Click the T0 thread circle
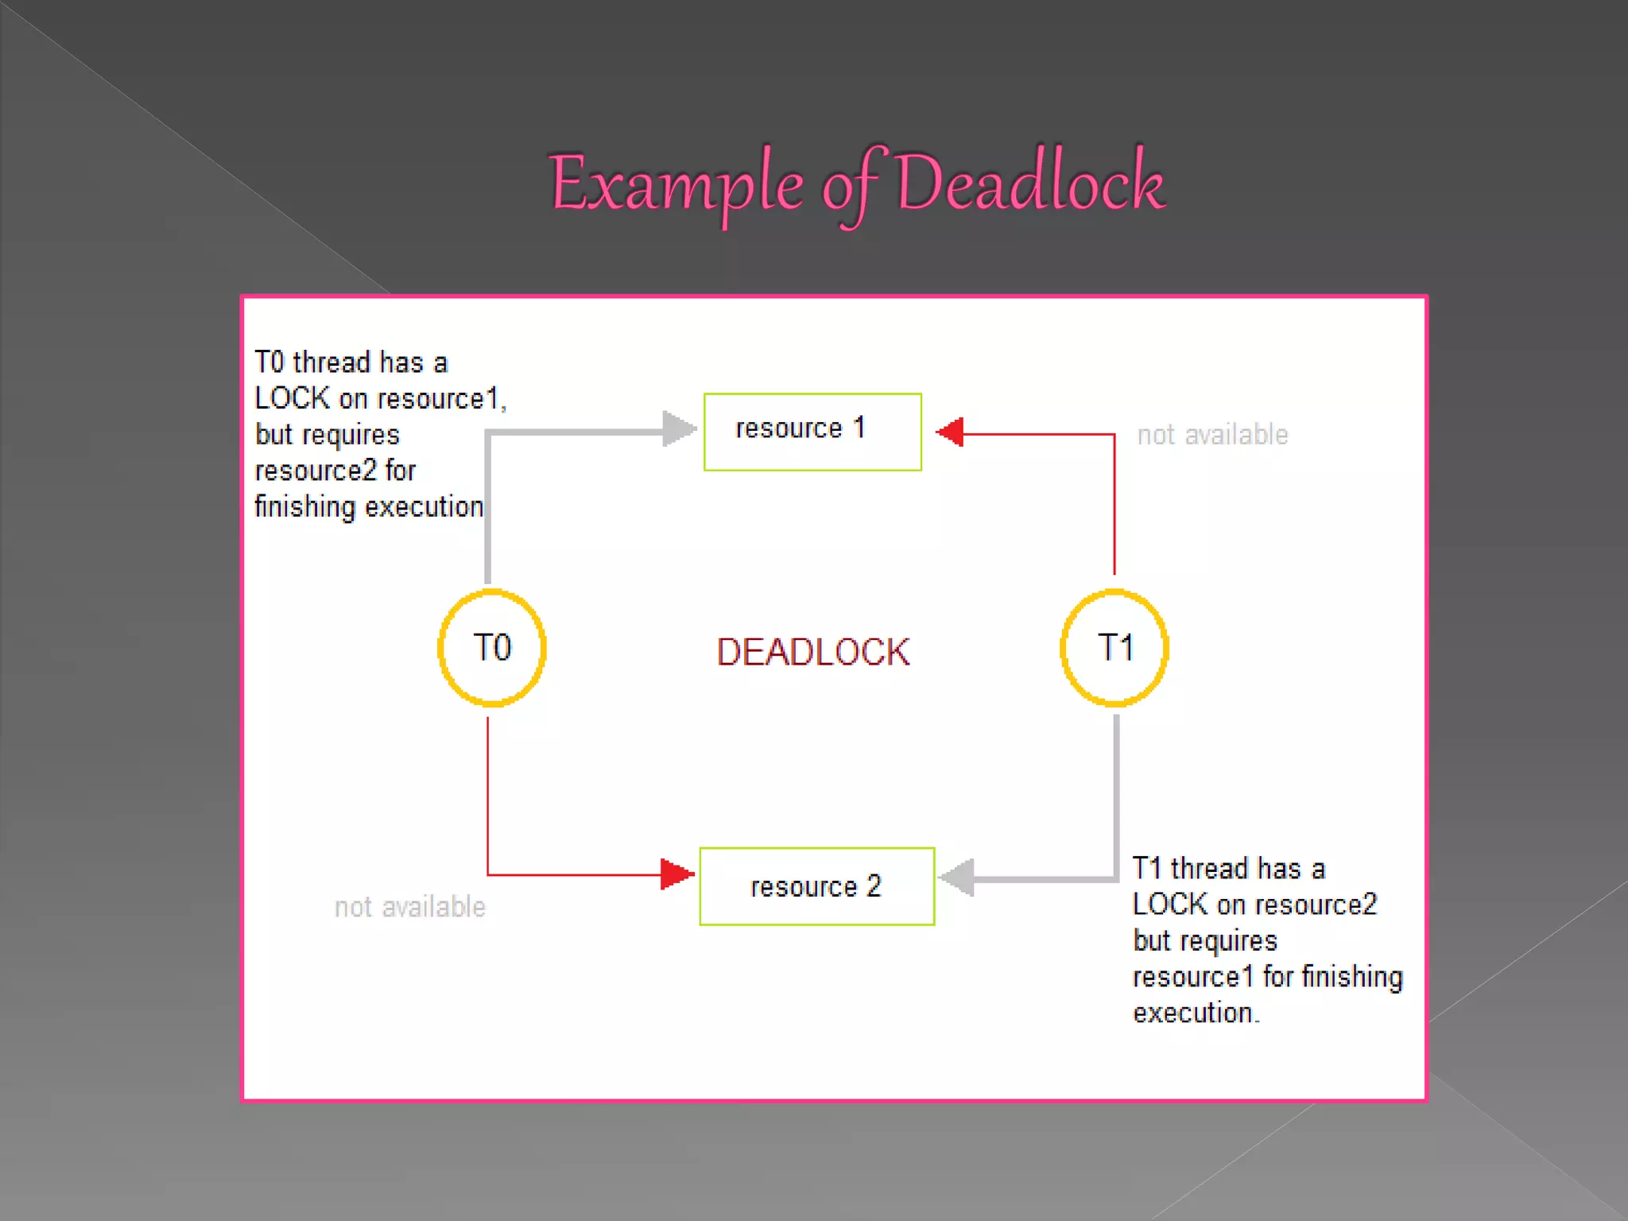(x=492, y=648)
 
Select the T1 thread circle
(x=1114, y=648)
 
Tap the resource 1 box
(x=812, y=432)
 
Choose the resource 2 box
(x=816, y=886)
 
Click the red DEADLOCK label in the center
(x=812, y=652)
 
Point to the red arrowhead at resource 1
(x=951, y=432)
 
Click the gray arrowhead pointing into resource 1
(x=678, y=429)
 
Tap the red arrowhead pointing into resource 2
(x=676, y=874)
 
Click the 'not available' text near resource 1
(x=1212, y=435)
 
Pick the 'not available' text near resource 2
(x=409, y=907)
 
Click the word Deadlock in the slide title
(x=1030, y=184)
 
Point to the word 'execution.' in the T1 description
(x=1196, y=1014)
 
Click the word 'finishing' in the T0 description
(x=304, y=507)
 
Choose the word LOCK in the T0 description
(x=292, y=398)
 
